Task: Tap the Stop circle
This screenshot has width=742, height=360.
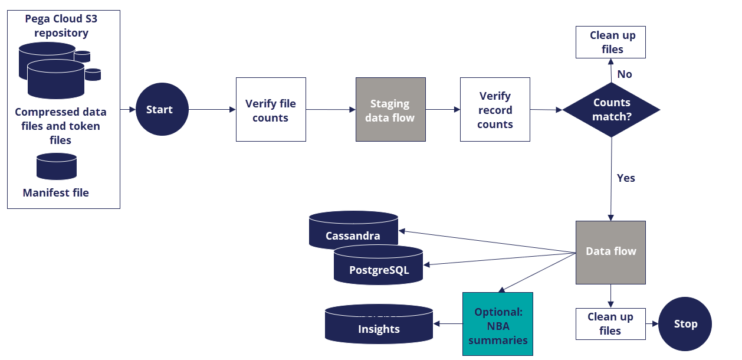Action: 685,324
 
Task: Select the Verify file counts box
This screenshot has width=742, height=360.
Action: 271,110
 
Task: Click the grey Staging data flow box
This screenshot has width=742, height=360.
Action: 390,110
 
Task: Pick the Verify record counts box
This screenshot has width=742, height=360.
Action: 495,110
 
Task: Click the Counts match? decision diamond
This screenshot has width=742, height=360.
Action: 611,110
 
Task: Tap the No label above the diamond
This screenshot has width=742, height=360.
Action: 624,74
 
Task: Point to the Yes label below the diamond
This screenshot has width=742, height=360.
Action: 625,178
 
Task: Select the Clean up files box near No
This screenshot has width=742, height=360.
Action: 610,42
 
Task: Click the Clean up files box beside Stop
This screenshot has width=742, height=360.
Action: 610,324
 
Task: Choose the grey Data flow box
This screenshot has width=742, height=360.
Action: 610,251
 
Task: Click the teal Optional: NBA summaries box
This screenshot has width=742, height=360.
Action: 498,324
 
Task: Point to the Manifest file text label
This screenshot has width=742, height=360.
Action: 56,193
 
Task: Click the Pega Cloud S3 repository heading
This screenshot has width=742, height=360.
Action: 61,26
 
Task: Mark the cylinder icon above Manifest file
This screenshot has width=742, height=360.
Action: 57,166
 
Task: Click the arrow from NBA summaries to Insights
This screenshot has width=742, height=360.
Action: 448,323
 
